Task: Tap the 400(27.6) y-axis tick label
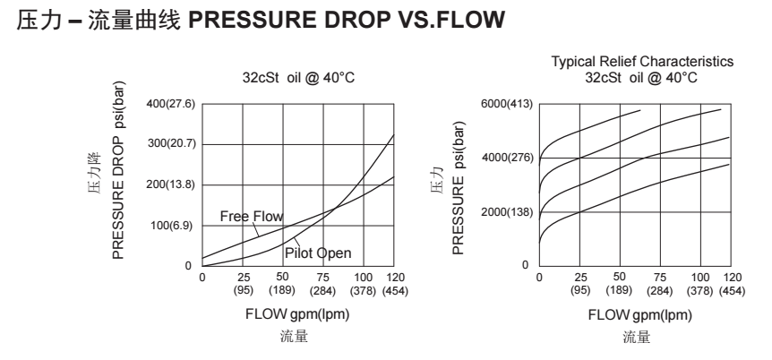click(171, 105)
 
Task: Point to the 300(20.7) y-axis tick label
click(171, 144)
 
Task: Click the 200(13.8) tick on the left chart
click(171, 184)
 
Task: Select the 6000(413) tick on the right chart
click(508, 105)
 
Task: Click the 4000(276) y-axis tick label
click(508, 159)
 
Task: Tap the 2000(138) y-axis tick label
click(508, 212)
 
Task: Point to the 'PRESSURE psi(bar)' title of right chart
click(458, 187)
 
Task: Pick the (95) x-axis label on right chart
click(580, 290)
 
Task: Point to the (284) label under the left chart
click(323, 290)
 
